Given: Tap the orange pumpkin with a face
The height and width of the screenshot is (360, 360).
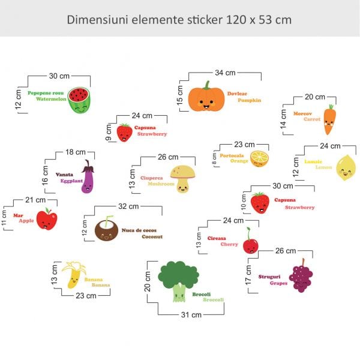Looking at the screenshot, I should click(206, 97).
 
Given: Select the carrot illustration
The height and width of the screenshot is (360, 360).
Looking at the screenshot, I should click(329, 119).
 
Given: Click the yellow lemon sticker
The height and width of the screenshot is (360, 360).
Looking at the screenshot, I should click(346, 168).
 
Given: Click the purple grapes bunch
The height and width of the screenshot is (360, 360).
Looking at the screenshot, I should click(301, 276).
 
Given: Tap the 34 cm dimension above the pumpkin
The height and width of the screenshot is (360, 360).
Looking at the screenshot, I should click(226, 73).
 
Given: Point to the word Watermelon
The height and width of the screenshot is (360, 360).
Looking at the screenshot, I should click(49, 100).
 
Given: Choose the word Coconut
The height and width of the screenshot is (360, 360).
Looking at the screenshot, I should click(152, 236).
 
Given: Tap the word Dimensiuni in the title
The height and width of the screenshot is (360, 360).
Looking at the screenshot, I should click(96, 19).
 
